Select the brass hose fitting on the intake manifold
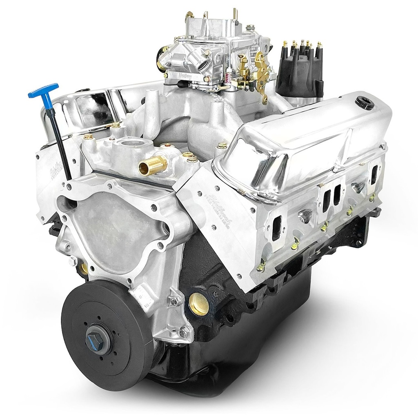[x=153, y=165]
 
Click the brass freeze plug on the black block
[x=199, y=304]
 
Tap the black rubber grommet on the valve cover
[x=364, y=102]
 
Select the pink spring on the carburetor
[x=229, y=75]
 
